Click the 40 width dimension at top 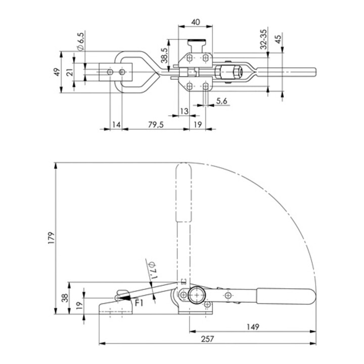(x=196, y=22)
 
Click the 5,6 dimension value (x=221, y=101)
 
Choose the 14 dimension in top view (x=116, y=124)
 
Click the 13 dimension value (x=184, y=111)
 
